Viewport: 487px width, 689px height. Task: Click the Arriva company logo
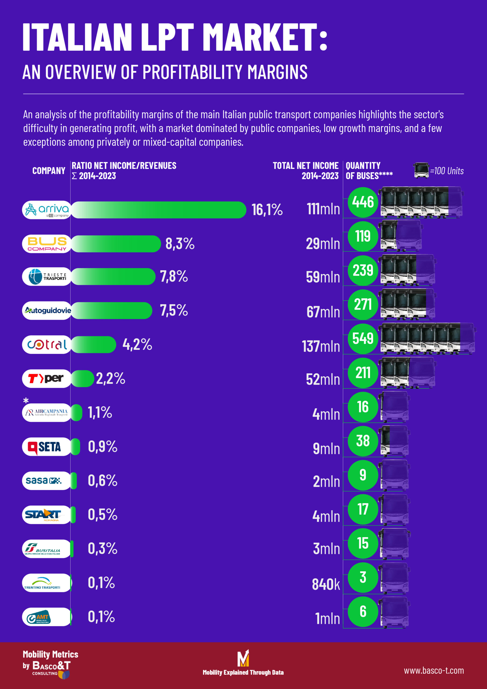[47, 210]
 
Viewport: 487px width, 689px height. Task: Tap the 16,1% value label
[267, 209]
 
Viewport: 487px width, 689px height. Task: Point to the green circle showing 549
[363, 339]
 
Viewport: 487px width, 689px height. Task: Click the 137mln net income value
[321, 346]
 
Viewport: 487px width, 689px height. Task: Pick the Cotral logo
[47, 344]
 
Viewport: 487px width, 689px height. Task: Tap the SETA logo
[47, 447]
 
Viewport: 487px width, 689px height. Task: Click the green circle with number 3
[363, 577]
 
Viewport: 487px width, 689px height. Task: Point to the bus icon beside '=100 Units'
[421, 170]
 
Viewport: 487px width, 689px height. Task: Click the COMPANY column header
[49, 171]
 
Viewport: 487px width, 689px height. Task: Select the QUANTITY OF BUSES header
[369, 170]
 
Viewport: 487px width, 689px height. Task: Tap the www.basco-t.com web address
[433, 670]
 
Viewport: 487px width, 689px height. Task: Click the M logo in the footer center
[243, 658]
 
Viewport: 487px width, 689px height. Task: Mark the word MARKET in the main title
[260, 37]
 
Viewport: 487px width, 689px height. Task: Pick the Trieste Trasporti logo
[47, 276]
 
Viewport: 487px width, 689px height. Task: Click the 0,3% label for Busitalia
[102, 548]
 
